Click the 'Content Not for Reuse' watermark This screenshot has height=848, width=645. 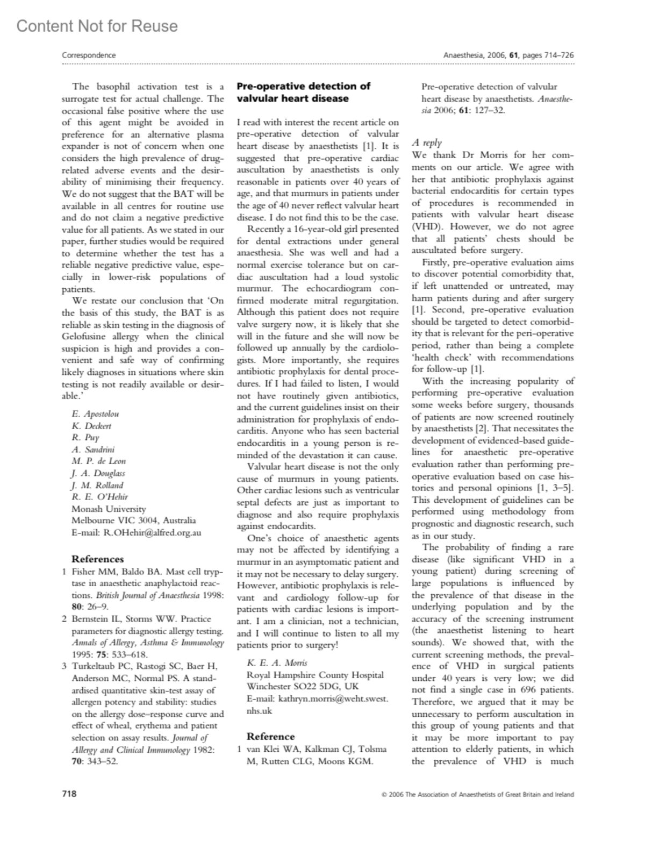[x=97, y=26]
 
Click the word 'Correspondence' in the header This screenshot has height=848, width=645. [x=89, y=55]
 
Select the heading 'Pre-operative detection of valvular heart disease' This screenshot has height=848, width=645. [x=303, y=92]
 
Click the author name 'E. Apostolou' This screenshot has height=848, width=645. [x=95, y=414]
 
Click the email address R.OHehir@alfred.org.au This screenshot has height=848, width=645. [x=137, y=532]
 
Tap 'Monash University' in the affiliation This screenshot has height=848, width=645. [x=109, y=509]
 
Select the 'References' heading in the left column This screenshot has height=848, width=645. [x=97, y=559]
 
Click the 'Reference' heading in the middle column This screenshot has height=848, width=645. [x=270, y=736]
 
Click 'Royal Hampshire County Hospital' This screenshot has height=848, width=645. [x=315, y=675]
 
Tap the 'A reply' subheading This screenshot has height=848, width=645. [x=427, y=142]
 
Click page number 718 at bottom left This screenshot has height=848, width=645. [x=69, y=794]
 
